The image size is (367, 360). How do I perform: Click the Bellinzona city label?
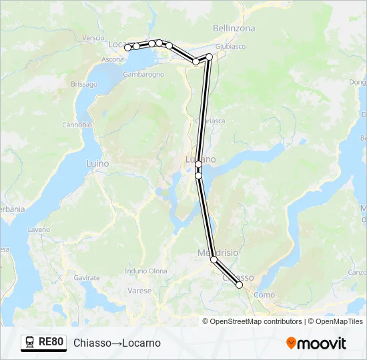pyautogui.click(x=234, y=28)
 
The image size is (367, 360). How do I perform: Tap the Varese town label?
pyautogui.click(x=139, y=291)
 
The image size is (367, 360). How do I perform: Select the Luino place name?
pyautogui.click(x=97, y=163)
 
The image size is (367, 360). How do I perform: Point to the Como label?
pyautogui.click(x=264, y=295)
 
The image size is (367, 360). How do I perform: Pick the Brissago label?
pyautogui.click(x=84, y=84)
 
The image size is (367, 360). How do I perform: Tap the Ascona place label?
pyautogui.click(x=112, y=59)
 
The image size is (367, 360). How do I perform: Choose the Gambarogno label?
pyautogui.click(x=143, y=74)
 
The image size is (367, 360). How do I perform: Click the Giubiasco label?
pyautogui.click(x=231, y=46)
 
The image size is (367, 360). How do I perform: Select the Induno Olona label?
pyautogui.click(x=146, y=271)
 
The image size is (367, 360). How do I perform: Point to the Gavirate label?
pyautogui.click(x=87, y=277)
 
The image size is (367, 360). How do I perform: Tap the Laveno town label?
pyautogui.click(x=39, y=229)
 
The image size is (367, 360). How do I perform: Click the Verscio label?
pyautogui.click(x=94, y=38)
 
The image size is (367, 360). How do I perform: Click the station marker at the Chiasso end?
pyautogui.click(x=240, y=285)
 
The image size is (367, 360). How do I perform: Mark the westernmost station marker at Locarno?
pyautogui.click(x=127, y=47)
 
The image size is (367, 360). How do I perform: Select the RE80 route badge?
pyautogui.click(x=44, y=343)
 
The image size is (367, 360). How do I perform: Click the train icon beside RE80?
pyautogui.click(x=30, y=343)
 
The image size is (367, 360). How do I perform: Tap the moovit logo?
pyautogui.click(x=316, y=343)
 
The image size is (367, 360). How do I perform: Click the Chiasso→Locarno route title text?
pyautogui.click(x=117, y=343)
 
